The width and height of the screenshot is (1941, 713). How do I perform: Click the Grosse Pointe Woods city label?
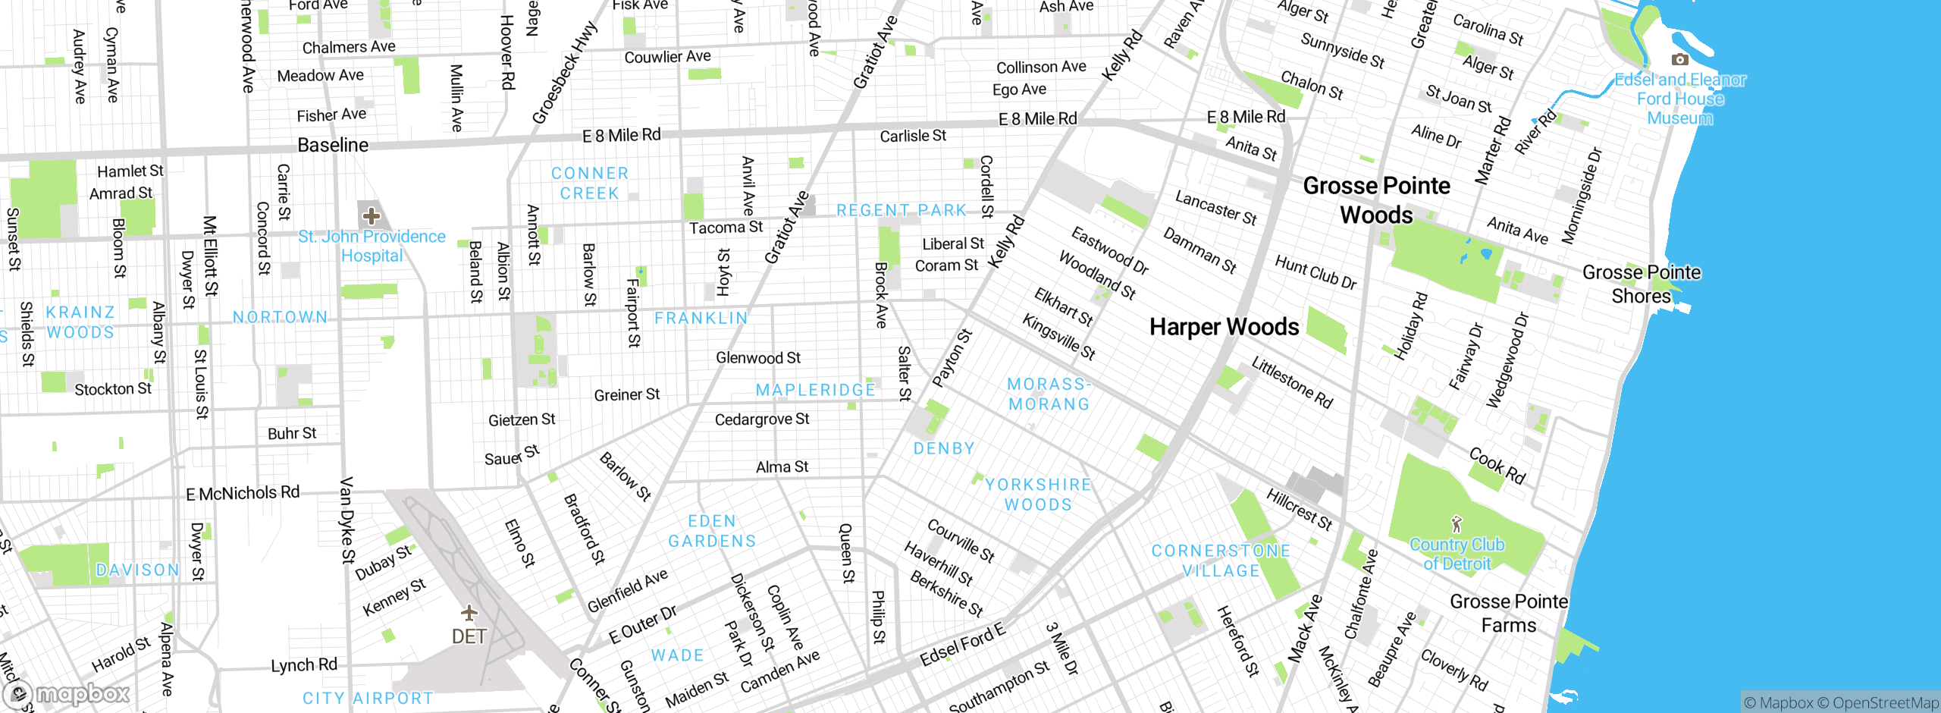tap(1376, 200)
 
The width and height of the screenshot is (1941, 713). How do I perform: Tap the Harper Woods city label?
tap(1224, 327)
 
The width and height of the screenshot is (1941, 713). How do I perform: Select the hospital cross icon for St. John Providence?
tap(372, 215)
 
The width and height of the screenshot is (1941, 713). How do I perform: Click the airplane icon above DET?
tap(469, 612)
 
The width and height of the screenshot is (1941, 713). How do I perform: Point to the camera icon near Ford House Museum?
tap(1679, 59)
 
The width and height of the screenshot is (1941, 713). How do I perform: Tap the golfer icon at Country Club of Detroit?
tap(1456, 524)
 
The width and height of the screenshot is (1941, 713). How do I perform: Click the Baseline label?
tap(333, 145)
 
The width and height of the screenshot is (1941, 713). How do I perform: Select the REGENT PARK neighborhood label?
tap(902, 210)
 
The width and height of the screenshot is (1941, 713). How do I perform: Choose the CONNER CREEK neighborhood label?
tap(590, 184)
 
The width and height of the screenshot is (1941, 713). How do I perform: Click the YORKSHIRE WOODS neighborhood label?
tap(1039, 495)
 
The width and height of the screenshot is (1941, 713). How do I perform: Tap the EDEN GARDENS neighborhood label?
tap(712, 531)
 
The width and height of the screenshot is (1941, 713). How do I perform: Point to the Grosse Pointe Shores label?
tap(1642, 284)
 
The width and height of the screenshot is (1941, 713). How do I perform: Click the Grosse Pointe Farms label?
tap(1509, 613)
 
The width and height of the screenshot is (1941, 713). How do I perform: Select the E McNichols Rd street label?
tap(243, 493)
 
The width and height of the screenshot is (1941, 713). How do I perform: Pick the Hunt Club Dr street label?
tap(1315, 272)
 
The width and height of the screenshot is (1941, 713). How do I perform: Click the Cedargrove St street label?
tap(762, 419)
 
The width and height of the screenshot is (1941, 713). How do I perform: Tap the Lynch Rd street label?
tap(304, 665)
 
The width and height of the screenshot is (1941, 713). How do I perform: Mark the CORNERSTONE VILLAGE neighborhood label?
tap(1221, 561)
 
